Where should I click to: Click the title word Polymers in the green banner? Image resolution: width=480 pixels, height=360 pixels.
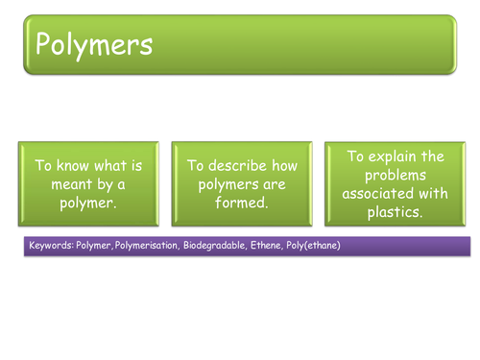tap(94, 45)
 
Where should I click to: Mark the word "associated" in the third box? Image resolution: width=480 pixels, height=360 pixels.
tap(378, 193)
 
